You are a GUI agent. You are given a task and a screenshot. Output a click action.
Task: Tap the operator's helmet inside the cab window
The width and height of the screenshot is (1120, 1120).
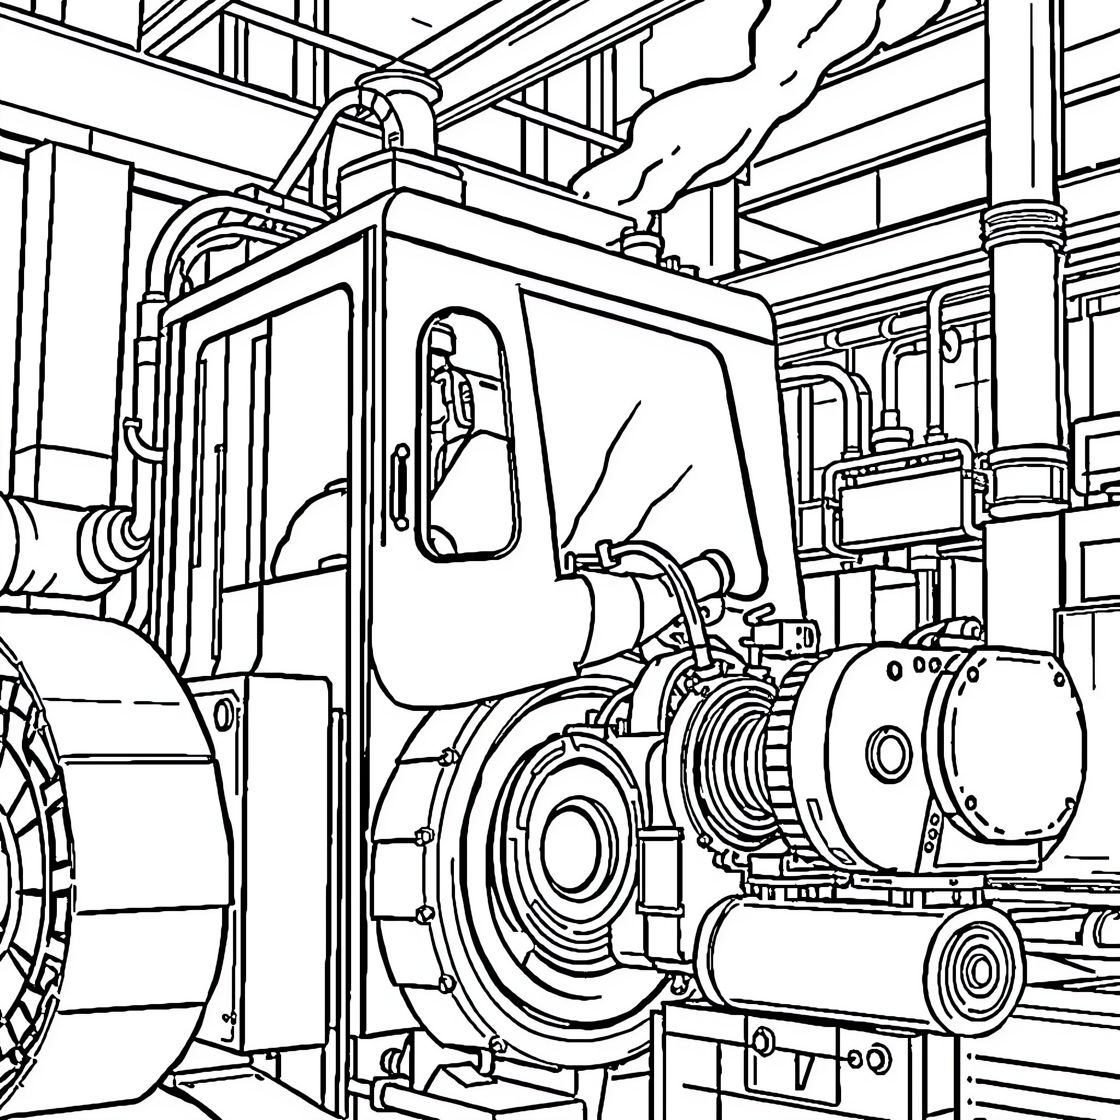coord(444,338)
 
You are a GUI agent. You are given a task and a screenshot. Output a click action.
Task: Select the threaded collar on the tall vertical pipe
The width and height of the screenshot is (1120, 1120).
coord(1024,223)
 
